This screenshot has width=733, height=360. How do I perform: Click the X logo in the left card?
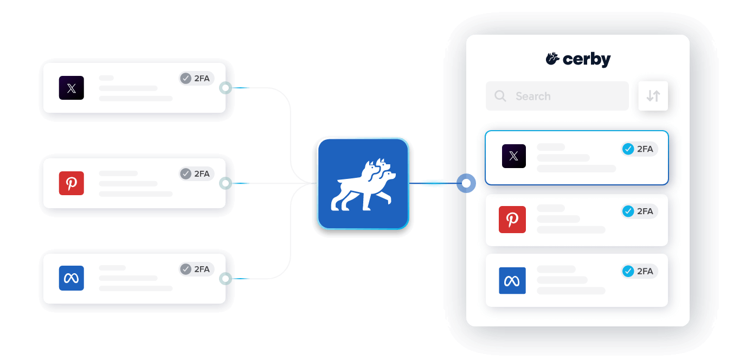tap(72, 88)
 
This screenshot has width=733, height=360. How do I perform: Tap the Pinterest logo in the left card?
tap(72, 183)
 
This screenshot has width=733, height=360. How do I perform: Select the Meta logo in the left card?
tap(72, 278)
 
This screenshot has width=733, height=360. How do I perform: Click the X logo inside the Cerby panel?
tap(513, 156)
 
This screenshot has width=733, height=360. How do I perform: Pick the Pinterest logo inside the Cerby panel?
tap(512, 220)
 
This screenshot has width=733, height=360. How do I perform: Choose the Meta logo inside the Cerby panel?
tap(512, 280)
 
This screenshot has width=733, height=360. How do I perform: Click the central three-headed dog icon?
tap(363, 183)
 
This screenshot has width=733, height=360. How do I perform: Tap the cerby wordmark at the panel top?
tap(578, 59)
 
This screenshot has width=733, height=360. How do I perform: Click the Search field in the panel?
tap(557, 96)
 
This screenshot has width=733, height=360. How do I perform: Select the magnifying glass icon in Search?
tap(500, 96)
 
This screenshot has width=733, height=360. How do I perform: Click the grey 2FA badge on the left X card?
tap(196, 79)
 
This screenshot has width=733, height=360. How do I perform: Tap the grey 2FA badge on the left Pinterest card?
tap(196, 173)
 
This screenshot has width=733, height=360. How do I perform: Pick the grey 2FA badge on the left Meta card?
tap(196, 269)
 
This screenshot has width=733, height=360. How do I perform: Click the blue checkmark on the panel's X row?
tap(628, 149)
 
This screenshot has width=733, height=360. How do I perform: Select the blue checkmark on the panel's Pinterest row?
tap(628, 211)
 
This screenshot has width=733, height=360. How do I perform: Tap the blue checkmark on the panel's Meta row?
tap(628, 271)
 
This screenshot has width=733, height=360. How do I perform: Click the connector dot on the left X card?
tap(226, 88)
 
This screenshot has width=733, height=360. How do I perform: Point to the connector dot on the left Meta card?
tap(226, 279)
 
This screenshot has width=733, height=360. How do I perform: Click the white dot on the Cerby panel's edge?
tap(466, 183)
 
